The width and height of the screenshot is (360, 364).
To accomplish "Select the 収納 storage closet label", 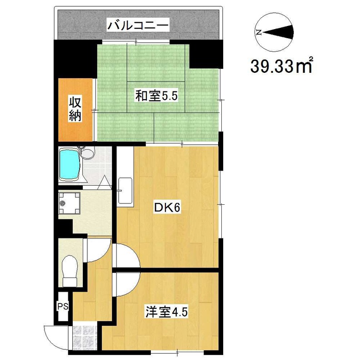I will pos(75,109).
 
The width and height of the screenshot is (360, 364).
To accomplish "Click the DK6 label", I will pos(167,208).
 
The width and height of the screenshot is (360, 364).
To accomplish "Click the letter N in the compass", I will pos(259,32).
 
